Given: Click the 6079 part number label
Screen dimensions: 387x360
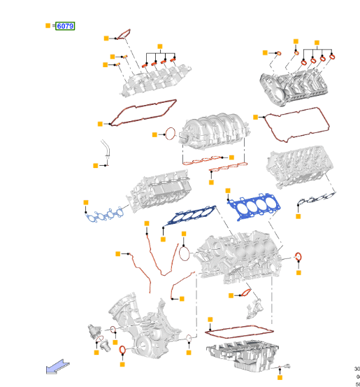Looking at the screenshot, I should (x=65, y=26).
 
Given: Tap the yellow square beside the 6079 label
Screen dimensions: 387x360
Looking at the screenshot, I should (x=48, y=26).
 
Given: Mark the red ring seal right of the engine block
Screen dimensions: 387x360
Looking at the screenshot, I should (x=298, y=256).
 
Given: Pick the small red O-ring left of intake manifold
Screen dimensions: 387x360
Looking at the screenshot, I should (x=170, y=133).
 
